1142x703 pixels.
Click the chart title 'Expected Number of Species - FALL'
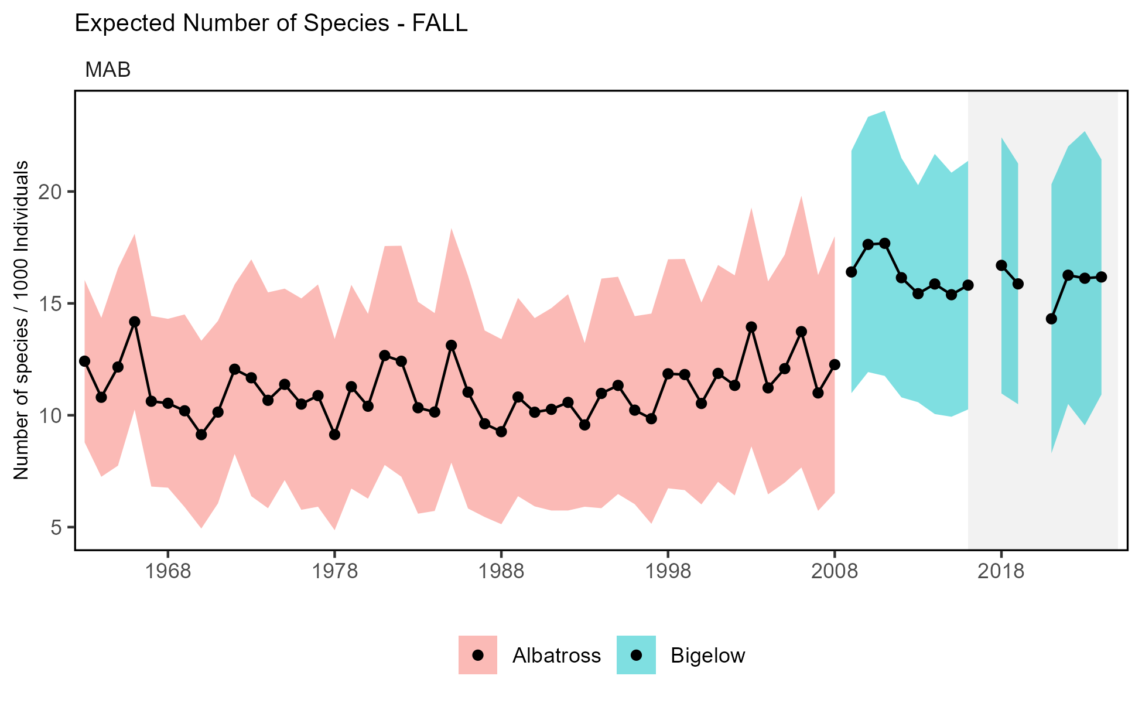coord(271,23)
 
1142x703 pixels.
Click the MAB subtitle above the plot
coord(108,70)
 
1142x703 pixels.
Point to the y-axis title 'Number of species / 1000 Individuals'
coord(22,320)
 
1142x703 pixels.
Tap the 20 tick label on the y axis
coord(53,192)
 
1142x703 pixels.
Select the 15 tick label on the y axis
coord(53,303)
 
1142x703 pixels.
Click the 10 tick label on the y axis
coord(53,415)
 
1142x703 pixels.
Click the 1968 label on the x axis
coord(168,571)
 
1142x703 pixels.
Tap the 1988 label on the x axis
coord(501,571)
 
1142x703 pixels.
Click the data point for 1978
coord(334,435)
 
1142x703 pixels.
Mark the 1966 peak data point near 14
coord(135,322)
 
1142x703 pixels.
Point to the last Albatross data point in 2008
coord(835,364)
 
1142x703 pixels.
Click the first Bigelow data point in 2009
coord(852,272)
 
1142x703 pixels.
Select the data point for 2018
coord(1001,265)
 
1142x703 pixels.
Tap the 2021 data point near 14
coord(1051,319)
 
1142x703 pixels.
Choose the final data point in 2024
coord(1101,277)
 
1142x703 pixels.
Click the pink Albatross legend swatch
coord(478,655)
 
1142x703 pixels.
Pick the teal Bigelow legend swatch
coord(636,655)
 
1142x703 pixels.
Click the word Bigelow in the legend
coord(707,655)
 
